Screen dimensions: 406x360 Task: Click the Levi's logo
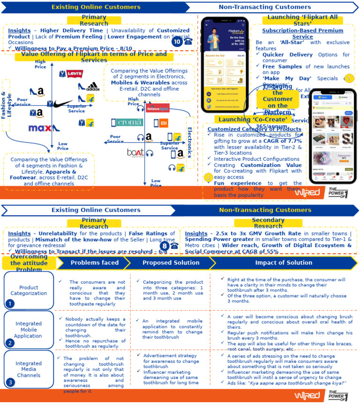tap(75, 74)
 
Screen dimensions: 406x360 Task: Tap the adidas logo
tap(92, 87)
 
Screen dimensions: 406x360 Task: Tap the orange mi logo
tap(161, 123)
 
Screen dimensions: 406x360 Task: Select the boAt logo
tap(135, 152)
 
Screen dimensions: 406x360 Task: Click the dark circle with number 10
tap(177, 41)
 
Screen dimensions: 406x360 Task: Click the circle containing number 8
tap(164, 246)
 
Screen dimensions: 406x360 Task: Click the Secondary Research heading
tap(268, 223)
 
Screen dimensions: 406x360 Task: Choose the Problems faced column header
tap(94, 263)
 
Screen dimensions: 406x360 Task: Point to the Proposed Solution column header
tap(171, 263)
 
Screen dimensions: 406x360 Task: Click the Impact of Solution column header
tap(284, 263)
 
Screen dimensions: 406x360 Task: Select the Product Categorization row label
tap(29, 290)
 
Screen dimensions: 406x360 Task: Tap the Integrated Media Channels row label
tap(29, 369)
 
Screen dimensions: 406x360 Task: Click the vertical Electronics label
tap(189, 142)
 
